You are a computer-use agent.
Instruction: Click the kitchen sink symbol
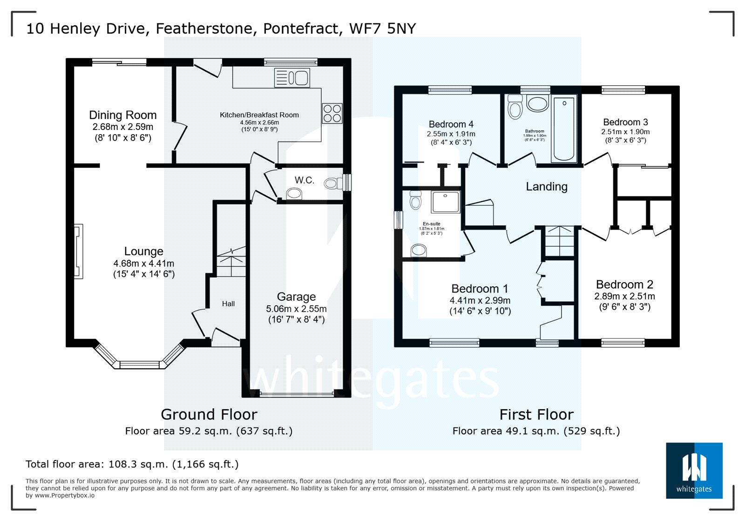click(292, 78)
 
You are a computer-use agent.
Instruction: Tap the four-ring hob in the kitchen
click(332, 113)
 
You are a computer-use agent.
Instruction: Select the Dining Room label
click(122, 115)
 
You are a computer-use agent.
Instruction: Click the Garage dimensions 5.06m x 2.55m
click(296, 309)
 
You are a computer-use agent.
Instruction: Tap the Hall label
click(228, 304)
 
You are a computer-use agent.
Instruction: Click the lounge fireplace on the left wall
click(78, 251)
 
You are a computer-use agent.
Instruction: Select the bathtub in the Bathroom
click(564, 129)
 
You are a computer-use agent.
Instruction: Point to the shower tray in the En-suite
click(446, 202)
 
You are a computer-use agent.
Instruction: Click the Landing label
click(547, 187)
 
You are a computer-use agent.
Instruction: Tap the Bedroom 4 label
click(451, 124)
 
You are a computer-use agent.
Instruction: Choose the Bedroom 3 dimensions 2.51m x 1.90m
click(625, 132)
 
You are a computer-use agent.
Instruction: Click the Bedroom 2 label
click(624, 284)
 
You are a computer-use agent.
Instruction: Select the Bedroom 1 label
click(480, 289)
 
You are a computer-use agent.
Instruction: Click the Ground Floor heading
click(209, 414)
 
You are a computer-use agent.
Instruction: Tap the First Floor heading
click(536, 414)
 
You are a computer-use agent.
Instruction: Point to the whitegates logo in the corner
click(694, 470)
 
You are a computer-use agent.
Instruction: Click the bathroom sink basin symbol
click(538, 104)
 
